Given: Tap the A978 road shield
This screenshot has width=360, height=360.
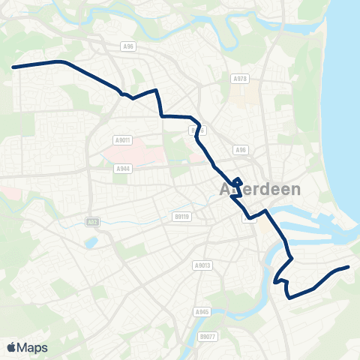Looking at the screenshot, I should pos(240,79).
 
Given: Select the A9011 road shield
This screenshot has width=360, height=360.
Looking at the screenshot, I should pos(123,139).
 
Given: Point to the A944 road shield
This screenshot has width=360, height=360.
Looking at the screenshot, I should pos(123,169).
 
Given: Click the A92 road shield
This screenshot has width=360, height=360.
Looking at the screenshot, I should pos(91,223).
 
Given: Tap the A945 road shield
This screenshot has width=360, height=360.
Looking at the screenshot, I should pos(201,311).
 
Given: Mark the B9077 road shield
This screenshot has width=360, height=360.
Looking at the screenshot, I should pos(207,337).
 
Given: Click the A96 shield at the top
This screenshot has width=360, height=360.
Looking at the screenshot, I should pos(128,46).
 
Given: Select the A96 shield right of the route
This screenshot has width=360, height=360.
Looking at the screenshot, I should pos(240,150).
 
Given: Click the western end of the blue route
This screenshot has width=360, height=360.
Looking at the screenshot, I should pos(13,67).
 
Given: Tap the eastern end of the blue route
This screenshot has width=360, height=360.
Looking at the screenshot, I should pos(349,267).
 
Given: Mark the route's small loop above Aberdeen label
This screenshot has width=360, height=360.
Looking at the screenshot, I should pos(236,181).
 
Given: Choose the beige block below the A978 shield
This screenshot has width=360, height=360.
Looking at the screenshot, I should pos(240,96).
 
